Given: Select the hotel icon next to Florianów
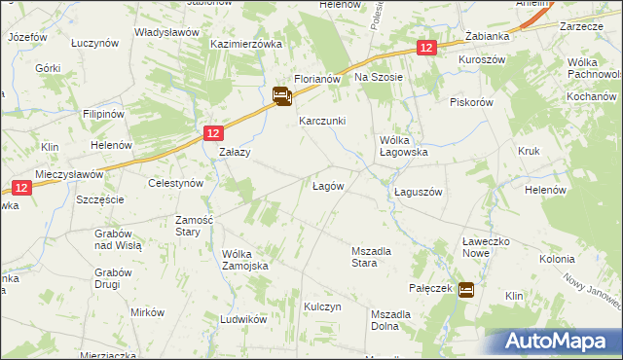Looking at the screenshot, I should coord(281,95).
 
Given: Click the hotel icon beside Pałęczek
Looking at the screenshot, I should coord(466,289).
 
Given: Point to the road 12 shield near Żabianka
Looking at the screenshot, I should coord(425,47).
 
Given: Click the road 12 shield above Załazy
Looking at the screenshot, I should coord(214,132).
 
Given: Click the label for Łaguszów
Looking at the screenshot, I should coord(419,192).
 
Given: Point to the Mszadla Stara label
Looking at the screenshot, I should coord(371,257).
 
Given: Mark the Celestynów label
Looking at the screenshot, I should coord(174,183).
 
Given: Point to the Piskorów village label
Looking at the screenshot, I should coord(472,102).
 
